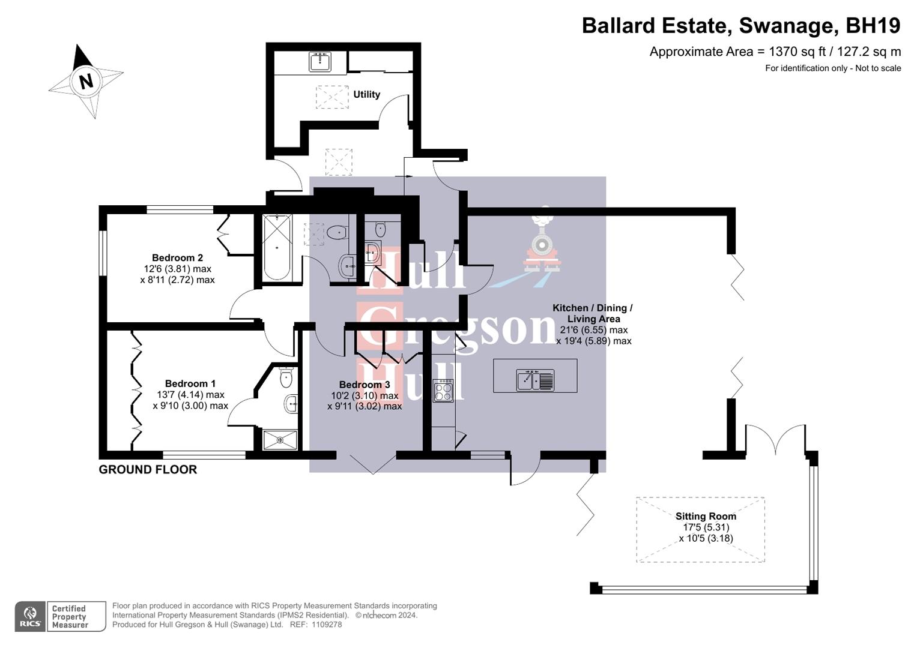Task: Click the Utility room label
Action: [366, 94]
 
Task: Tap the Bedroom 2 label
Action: [177, 258]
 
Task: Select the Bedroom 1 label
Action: [190, 383]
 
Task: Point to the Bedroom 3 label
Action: [365, 385]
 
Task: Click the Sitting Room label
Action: [706, 516]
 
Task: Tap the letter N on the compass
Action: [86, 80]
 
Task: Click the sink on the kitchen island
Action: [535, 380]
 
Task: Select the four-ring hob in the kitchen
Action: [443, 390]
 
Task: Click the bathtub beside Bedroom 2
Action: [277, 247]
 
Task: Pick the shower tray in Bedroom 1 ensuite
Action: [280, 440]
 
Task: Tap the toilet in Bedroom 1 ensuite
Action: [286, 377]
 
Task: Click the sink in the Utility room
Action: [320, 61]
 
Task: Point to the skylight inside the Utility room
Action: [332, 97]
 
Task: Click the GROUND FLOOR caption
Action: [148, 470]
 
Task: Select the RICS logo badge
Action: [30, 616]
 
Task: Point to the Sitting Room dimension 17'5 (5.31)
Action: [706, 527]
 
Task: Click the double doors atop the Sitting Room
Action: [775, 440]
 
